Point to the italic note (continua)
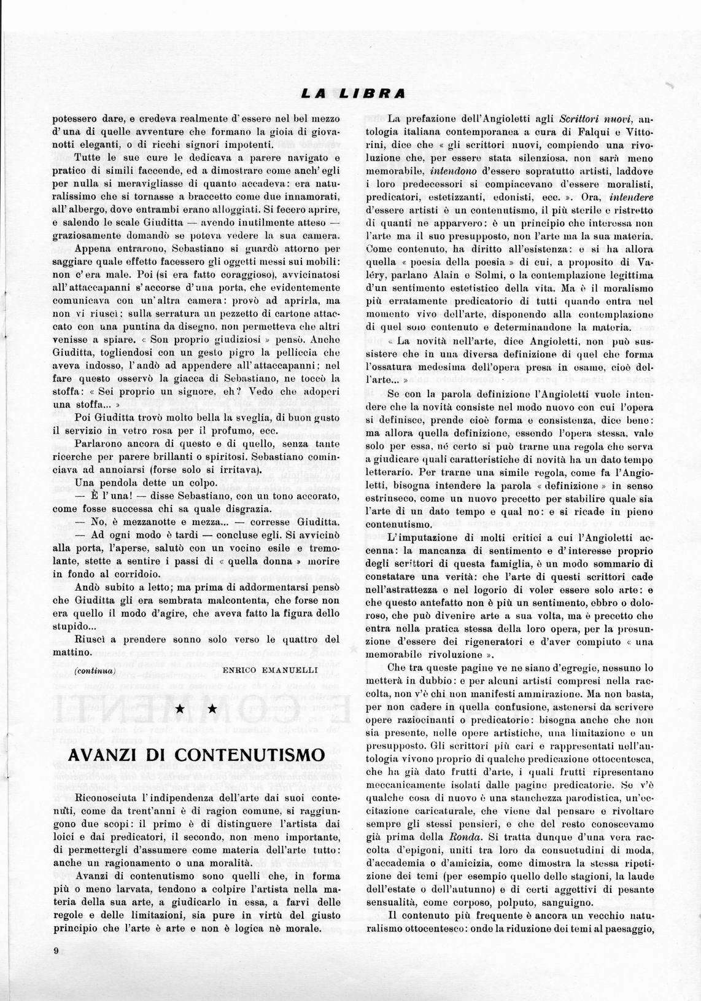pos(95,671)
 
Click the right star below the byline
pos(212,709)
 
